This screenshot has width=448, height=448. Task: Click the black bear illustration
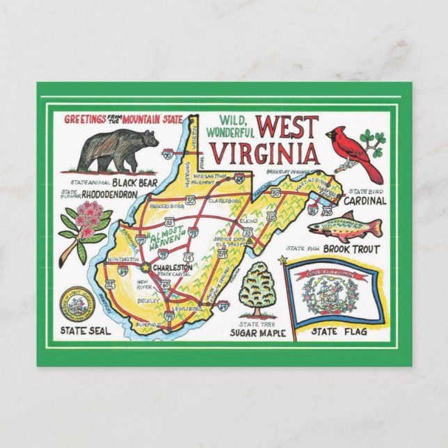pos(118,150)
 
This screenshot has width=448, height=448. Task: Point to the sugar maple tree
pos(257,288)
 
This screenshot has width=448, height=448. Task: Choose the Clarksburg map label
pos(224,201)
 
